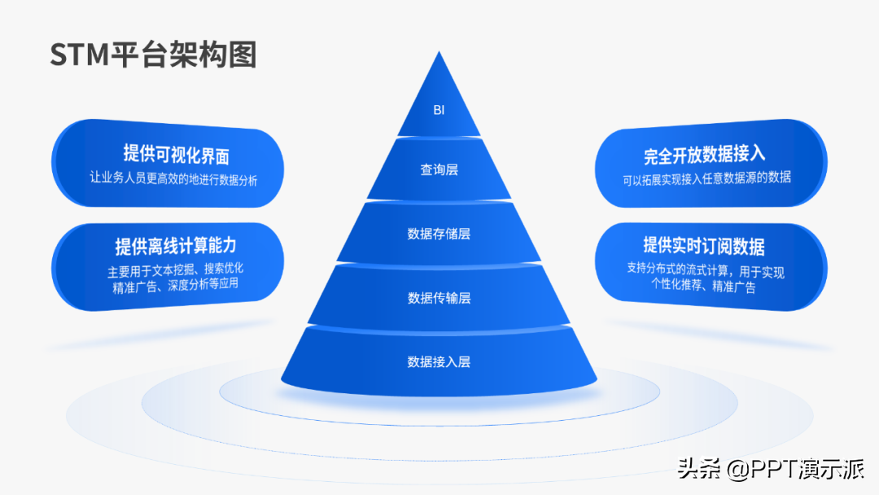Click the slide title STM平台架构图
coord(154,55)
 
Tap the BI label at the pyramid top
coord(439,110)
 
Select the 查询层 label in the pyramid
coord(439,169)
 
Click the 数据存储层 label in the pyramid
coord(439,234)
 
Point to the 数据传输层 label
coord(439,298)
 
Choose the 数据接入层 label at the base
coord(439,361)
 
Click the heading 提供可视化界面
coord(177,154)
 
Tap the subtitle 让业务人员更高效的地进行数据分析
coord(174,178)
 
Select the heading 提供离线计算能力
coord(176,246)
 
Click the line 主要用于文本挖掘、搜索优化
coord(176,270)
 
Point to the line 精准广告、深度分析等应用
coord(176,285)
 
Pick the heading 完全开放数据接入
coord(705,154)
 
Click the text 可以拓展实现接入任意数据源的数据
coord(707,178)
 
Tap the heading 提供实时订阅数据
coord(704,246)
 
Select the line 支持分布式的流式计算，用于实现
coord(706,270)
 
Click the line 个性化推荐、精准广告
coord(703,285)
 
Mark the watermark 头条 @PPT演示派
coord(771,469)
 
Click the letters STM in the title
coord(80,55)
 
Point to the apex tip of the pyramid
coord(439,51)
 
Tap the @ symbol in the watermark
coord(738,469)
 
